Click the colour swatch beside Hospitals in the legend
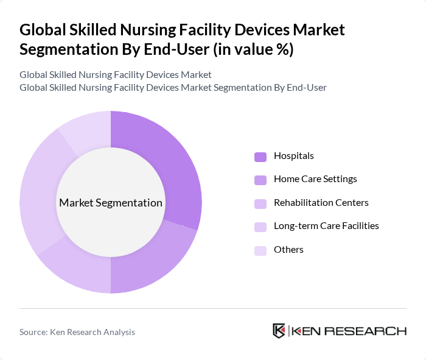[x=260, y=157]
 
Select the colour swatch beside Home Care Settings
[x=260, y=180]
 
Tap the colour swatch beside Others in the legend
[x=260, y=250]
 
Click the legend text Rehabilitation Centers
[x=321, y=203]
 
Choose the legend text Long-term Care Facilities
[x=326, y=226]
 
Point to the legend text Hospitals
[x=294, y=156]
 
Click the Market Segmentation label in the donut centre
[x=111, y=203]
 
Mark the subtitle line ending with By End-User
[x=173, y=88]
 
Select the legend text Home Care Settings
[x=315, y=179]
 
